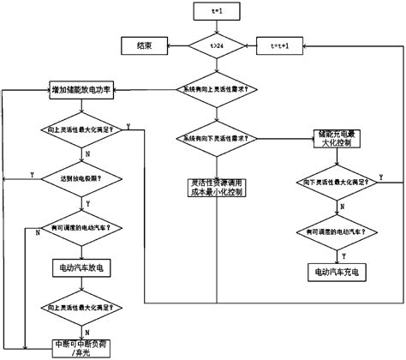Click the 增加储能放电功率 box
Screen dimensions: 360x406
tap(83, 89)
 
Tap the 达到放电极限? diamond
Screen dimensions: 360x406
tap(83, 178)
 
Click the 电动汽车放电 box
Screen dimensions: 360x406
tap(83, 267)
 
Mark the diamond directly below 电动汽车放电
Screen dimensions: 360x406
tap(83, 306)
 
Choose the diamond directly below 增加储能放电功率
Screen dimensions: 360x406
tap(83, 129)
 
